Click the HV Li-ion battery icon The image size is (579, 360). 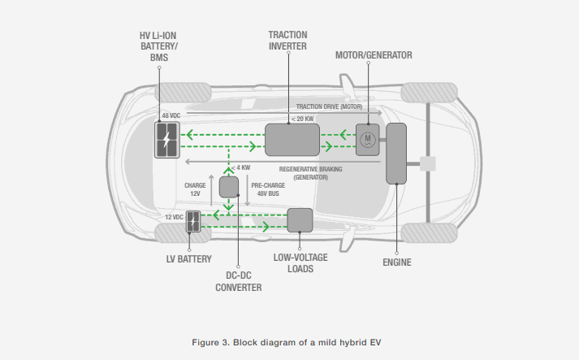coord(169,140)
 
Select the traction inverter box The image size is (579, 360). coord(292,140)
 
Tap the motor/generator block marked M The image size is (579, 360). coord(367,141)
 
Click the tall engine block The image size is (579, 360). coord(396,154)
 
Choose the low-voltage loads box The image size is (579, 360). coord(300,220)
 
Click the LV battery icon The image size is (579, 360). coord(193,222)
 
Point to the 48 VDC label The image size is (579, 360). coord(171,116)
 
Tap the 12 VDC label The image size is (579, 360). coord(175,217)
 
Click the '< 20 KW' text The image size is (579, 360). coord(302,119)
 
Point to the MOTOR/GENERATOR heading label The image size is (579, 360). coord(374,55)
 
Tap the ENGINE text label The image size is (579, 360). coord(396,262)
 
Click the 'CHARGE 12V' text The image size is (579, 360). coord(196,190)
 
